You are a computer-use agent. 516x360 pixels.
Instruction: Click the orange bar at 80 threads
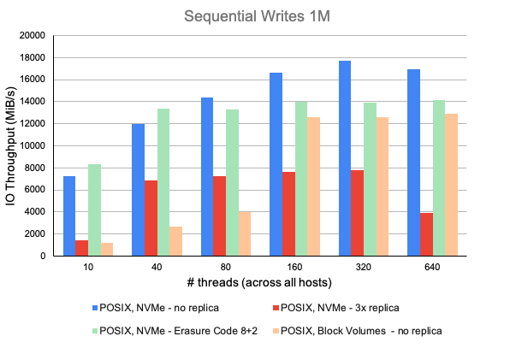(246, 233)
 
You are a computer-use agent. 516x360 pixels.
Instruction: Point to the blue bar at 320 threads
(344, 158)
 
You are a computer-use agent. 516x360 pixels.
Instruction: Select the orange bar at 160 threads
(315, 186)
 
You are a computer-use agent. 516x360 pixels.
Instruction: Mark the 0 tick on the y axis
(41, 256)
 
